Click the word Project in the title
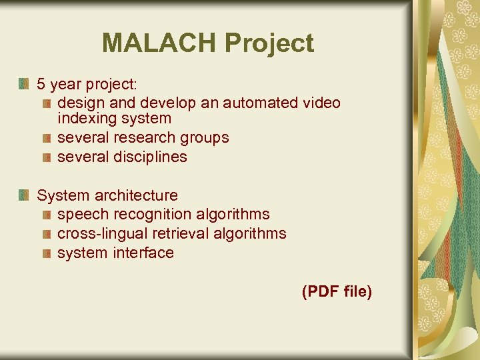coord(269,43)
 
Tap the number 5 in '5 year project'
coord(41,84)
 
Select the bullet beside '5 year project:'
coord(24,84)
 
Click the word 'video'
coord(321,103)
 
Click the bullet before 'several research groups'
coord(46,138)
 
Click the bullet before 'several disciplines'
coord(46,157)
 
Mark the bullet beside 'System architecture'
coord(24,195)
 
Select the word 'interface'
coord(143,253)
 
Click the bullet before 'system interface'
coord(46,253)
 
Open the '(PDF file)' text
coord(337,291)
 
